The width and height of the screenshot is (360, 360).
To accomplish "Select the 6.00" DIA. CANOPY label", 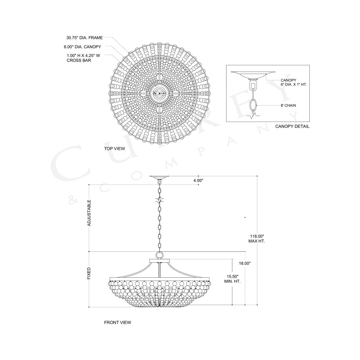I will click(x=84, y=47).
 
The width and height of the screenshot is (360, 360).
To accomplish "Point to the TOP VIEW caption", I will click(x=115, y=148).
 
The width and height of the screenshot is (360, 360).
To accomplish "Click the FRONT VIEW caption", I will click(x=117, y=323).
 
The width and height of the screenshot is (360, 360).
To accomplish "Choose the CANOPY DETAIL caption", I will click(x=292, y=127).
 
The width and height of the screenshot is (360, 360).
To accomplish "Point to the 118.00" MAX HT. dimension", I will click(x=256, y=238).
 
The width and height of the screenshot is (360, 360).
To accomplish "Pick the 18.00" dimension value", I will click(x=244, y=264).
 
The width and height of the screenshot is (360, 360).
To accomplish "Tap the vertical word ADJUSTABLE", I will click(x=89, y=213).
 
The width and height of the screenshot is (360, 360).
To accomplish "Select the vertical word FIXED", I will click(x=89, y=273).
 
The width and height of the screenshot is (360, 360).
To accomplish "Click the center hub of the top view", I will click(x=159, y=93).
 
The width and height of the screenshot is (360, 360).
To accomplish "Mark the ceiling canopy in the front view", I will click(x=159, y=177).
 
